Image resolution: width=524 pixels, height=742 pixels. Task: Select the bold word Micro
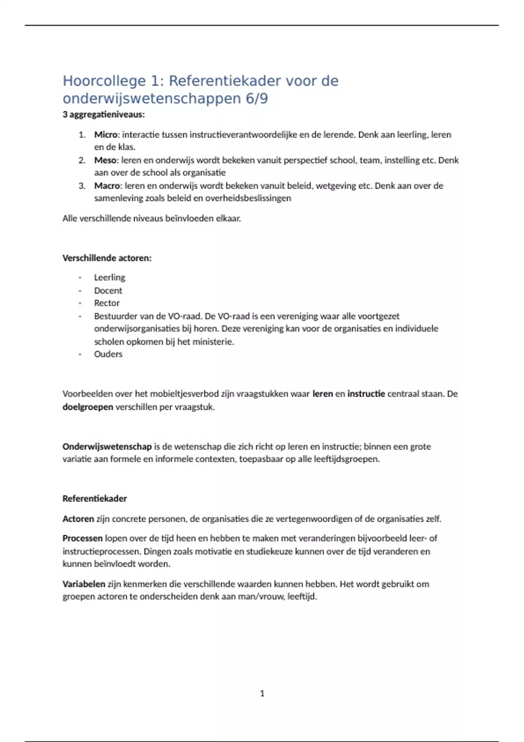pos(106,134)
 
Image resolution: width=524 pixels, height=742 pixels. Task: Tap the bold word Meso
pos(105,160)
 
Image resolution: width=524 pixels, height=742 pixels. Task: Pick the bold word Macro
pos(107,185)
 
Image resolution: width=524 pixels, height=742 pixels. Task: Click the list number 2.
pos(82,160)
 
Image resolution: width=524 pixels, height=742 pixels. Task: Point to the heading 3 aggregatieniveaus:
pos(103,115)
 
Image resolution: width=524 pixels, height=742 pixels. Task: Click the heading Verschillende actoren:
pos(107,258)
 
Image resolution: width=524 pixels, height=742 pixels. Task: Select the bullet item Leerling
pos(110,278)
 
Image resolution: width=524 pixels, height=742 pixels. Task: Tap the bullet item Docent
pos(108,291)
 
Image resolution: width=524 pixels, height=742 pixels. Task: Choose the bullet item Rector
pos(107,303)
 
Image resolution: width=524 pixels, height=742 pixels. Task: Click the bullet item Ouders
pos(108,354)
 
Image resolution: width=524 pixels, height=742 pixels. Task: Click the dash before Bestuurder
pos(80,316)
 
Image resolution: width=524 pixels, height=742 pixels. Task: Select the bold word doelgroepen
pos(88,407)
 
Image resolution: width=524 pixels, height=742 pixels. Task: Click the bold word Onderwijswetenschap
pos(107,447)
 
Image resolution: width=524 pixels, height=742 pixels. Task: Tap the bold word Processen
pos(83,538)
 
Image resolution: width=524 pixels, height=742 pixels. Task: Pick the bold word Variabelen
pos(84,584)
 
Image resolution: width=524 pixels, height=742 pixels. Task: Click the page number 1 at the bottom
pos(262,694)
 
